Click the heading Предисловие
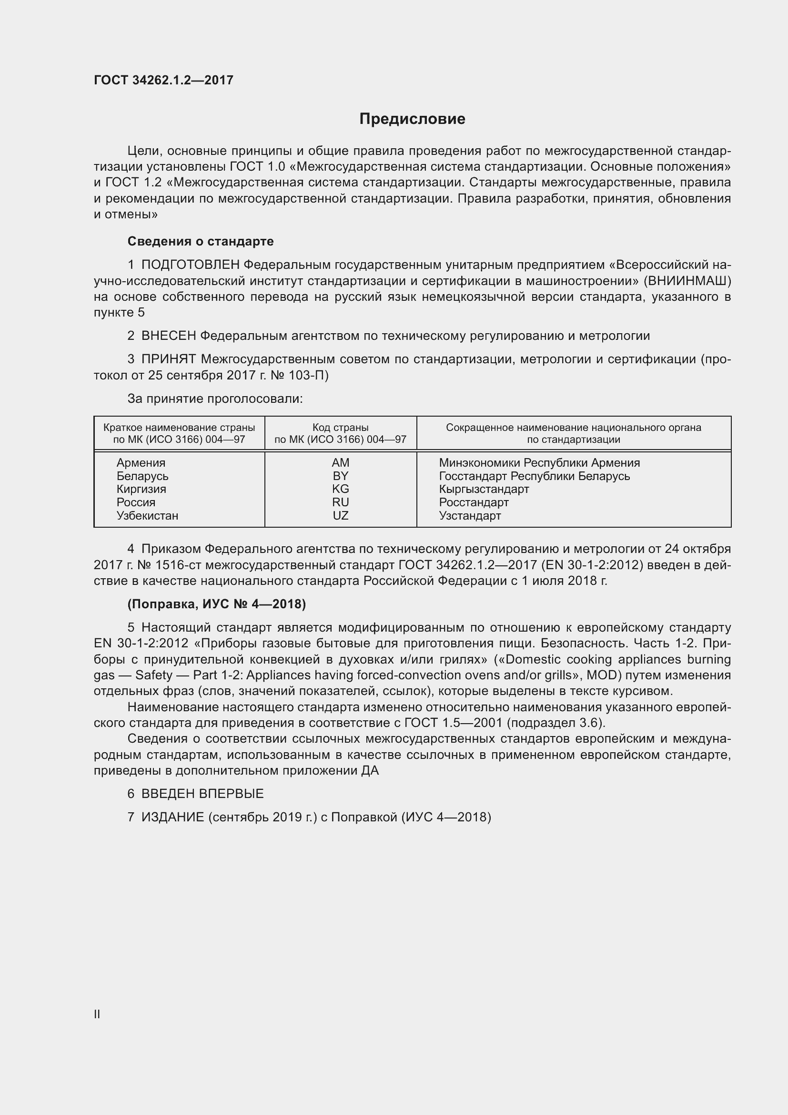click(412, 119)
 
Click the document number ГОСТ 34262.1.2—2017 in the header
click(163, 80)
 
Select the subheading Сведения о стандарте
click(201, 241)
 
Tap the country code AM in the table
click(340, 463)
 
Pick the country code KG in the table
click(340, 489)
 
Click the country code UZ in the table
click(340, 516)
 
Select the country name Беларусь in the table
click(142, 476)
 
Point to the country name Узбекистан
click(147, 516)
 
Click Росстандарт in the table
click(474, 502)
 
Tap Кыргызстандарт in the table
click(484, 489)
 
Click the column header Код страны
click(340, 428)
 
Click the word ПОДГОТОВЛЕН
click(190, 265)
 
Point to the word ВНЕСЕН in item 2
click(169, 336)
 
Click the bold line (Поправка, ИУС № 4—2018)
click(216, 604)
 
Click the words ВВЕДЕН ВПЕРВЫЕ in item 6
click(202, 794)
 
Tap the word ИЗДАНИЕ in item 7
click(173, 818)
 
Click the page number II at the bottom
click(97, 1014)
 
